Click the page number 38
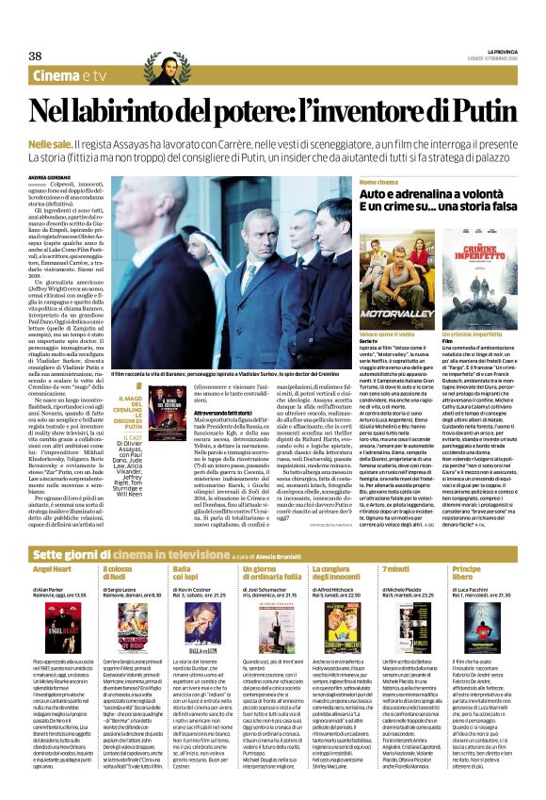[x=35, y=56]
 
